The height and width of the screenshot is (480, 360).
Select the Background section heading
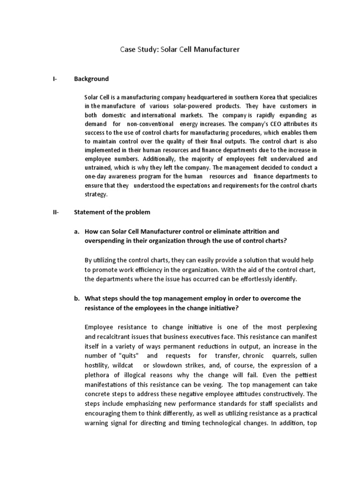coord(91,79)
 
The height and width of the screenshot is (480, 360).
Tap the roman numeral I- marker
coord(55,79)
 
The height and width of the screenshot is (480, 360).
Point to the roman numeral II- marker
coord(56,212)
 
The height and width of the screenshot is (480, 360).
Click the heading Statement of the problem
coord(112,212)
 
